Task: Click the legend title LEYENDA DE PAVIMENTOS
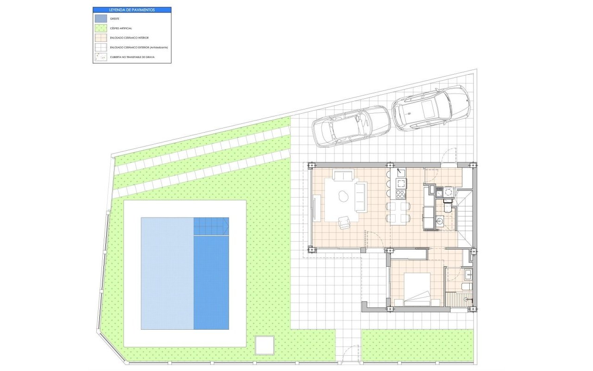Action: click(132, 9)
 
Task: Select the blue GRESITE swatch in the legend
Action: click(100, 19)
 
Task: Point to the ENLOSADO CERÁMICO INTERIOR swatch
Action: click(100, 38)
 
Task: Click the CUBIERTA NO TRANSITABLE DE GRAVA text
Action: click(132, 57)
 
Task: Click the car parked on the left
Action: click(351, 126)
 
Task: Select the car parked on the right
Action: click(431, 108)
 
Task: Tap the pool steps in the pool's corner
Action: click(211, 226)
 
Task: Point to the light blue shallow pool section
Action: click(167, 274)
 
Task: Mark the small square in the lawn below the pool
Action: click(265, 345)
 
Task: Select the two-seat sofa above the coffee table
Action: click(343, 176)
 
